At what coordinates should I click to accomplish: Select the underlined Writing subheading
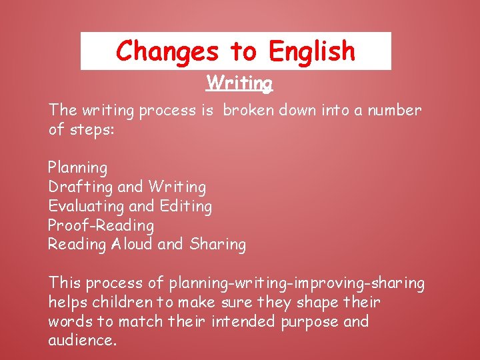click(x=239, y=83)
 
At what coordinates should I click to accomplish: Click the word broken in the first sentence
click(x=248, y=111)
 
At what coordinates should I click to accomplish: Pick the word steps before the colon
click(x=91, y=129)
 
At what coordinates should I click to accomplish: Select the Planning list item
click(x=77, y=168)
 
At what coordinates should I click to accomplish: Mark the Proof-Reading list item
click(x=101, y=226)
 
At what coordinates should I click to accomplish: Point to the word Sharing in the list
click(x=217, y=245)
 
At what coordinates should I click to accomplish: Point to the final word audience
click(x=82, y=341)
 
